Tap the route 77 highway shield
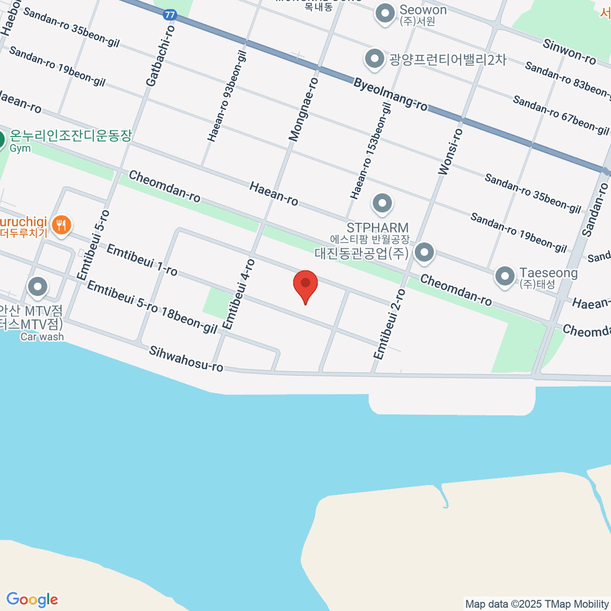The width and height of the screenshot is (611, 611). click(170, 15)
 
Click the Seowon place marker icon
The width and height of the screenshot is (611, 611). click(385, 13)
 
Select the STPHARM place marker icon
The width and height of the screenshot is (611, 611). click(382, 204)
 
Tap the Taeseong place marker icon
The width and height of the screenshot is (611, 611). click(505, 276)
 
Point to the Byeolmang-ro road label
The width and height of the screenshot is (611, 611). click(391, 95)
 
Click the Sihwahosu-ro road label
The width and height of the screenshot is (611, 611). click(186, 358)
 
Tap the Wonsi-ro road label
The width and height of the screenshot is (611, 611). click(451, 152)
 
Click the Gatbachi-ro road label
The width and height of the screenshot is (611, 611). click(160, 56)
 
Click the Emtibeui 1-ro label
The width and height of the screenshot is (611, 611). click(142, 260)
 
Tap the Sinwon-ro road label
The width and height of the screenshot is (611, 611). click(569, 52)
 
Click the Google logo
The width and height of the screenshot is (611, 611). click(32, 600)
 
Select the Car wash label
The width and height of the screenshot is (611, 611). click(42, 337)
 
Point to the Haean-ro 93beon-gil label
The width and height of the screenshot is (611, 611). click(227, 96)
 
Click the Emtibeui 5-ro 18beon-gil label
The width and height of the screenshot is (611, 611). click(152, 307)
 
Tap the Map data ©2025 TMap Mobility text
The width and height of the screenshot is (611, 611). click(537, 604)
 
